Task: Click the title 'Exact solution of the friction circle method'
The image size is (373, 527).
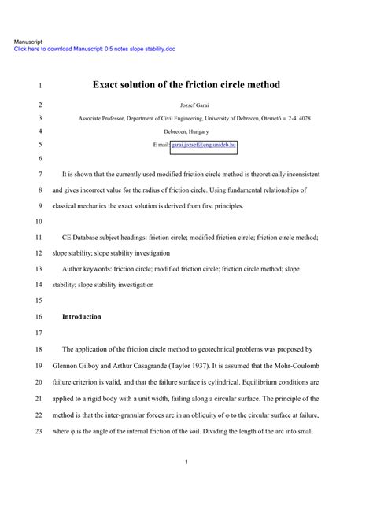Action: [186, 84]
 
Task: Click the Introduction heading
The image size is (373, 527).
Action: [81, 317]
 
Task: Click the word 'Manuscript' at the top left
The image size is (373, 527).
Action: [28, 41]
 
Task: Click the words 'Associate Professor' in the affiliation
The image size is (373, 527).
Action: [103, 118]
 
